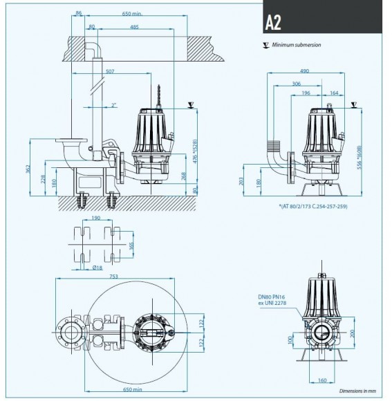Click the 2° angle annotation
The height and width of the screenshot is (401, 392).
click(x=114, y=104)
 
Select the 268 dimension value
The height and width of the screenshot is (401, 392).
click(x=183, y=176)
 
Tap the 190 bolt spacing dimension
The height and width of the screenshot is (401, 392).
click(x=96, y=218)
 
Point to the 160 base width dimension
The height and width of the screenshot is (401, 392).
click(x=323, y=380)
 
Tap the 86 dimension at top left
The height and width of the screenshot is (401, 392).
click(x=78, y=14)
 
